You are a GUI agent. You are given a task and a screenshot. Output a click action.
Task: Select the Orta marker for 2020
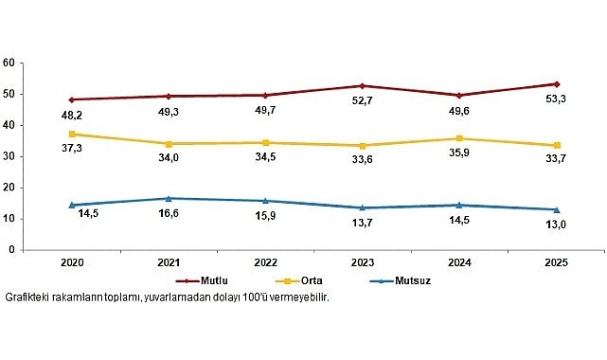pos(71,134)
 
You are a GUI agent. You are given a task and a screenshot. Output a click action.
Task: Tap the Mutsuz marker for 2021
pos(168,198)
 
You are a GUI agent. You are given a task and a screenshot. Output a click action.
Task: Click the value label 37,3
pos(73,148)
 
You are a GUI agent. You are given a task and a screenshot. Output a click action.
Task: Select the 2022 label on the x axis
pos(265,262)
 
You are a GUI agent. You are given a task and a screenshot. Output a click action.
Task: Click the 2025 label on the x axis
pos(556,262)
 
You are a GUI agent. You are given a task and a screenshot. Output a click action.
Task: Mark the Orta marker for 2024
pos(459,138)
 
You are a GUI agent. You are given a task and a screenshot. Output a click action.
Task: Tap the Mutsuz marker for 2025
pos(556,209)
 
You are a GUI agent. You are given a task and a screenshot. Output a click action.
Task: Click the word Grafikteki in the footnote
pos(28,297)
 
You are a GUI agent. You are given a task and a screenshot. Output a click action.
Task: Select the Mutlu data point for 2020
pos(71,99)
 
